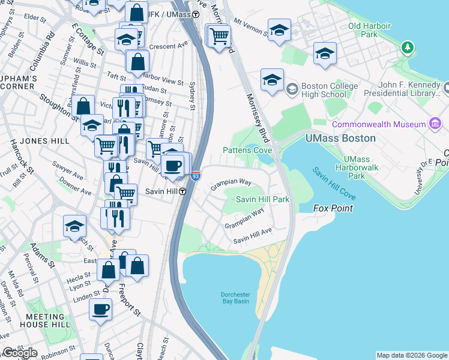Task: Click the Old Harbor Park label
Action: (369, 30)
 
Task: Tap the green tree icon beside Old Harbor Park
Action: (408, 47)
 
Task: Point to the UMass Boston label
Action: (340, 138)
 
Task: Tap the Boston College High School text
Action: (324, 90)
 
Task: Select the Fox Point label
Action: (333, 208)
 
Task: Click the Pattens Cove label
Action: (247, 150)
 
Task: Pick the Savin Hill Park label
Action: (262, 199)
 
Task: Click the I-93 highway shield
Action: (195, 176)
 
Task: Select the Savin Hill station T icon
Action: (182, 191)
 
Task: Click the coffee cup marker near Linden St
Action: (100, 310)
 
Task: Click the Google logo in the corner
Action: (20, 353)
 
